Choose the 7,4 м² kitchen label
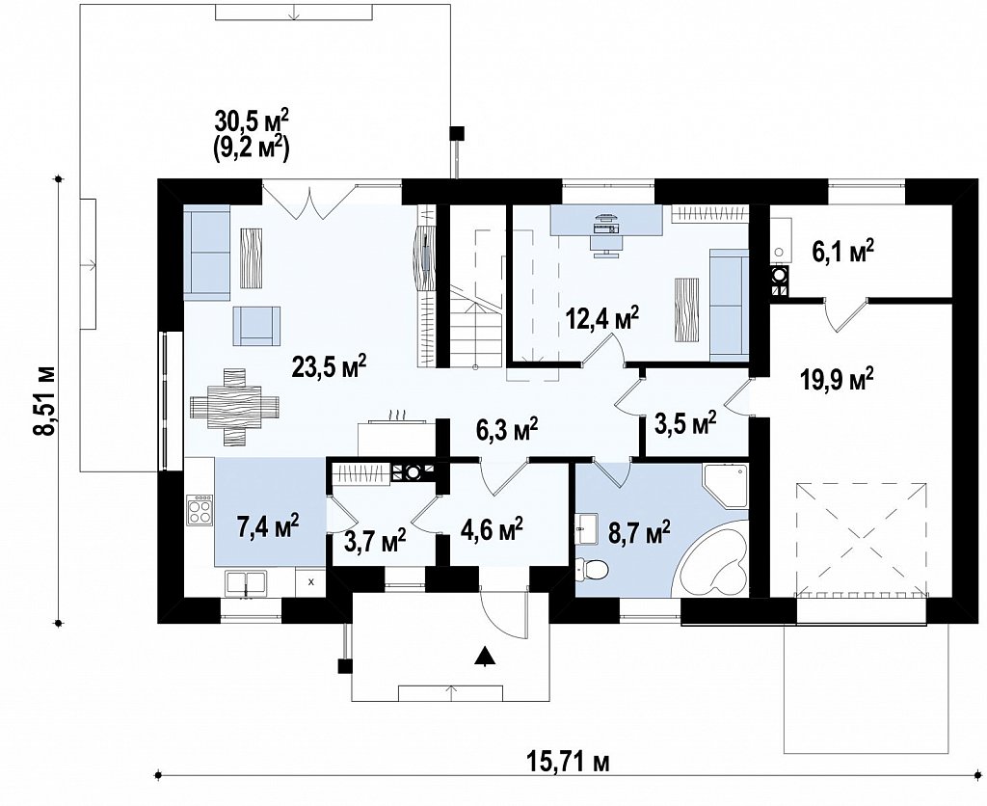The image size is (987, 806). click(x=268, y=525)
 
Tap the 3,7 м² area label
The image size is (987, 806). click(x=375, y=540)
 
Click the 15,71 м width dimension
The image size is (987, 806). click(x=567, y=763)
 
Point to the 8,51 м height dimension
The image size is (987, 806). click(x=44, y=400)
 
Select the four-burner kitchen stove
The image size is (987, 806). click(x=200, y=509)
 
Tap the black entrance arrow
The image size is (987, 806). click(x=484, y=656)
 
